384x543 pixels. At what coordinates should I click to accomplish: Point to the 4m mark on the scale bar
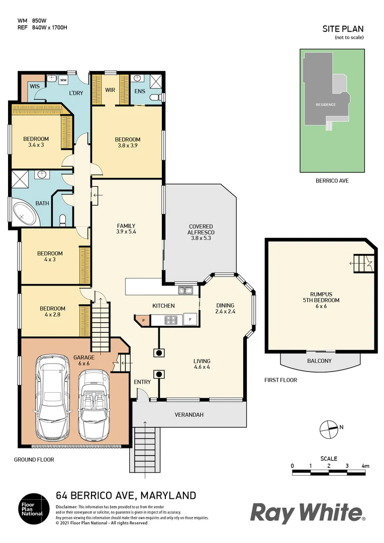(365, 466)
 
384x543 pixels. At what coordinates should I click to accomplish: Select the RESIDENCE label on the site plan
(325, 105)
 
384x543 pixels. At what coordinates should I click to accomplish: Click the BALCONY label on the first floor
(319, 361)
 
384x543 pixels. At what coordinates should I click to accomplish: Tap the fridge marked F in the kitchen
(190, 319)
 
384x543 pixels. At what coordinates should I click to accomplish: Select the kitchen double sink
(185, 290)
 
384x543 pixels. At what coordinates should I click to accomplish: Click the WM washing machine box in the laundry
(63, 80)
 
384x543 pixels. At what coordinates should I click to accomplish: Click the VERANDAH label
(188, 415)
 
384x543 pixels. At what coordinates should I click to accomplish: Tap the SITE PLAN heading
(343, 29)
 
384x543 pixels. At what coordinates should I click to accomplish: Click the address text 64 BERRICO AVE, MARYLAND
(126, 496)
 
